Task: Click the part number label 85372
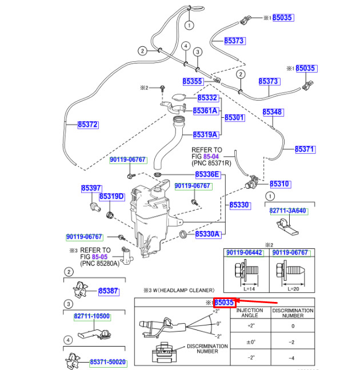click(88, 125)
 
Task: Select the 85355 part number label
click(193, 81)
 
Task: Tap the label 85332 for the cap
click(208, 98)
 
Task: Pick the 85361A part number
click(206, 111)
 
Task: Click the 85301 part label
click(235, 117)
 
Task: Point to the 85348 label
click(273, 112)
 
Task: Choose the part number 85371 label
click(305, 149)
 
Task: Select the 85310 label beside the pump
click(280, 184)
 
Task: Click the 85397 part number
click(91, 188)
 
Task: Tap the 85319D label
click(112, 197)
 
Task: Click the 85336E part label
click(208, 174)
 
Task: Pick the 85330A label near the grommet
click(208, 234)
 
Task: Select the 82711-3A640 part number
click(289, 210)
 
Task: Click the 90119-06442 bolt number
click(245, 253)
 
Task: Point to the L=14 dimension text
click(249, 289)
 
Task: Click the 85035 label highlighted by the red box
click(225, 303)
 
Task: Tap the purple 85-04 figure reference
click(211, 157)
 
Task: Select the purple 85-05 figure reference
click(100, 257)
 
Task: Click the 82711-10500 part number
click(92, 316)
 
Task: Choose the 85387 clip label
click(109, 291)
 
